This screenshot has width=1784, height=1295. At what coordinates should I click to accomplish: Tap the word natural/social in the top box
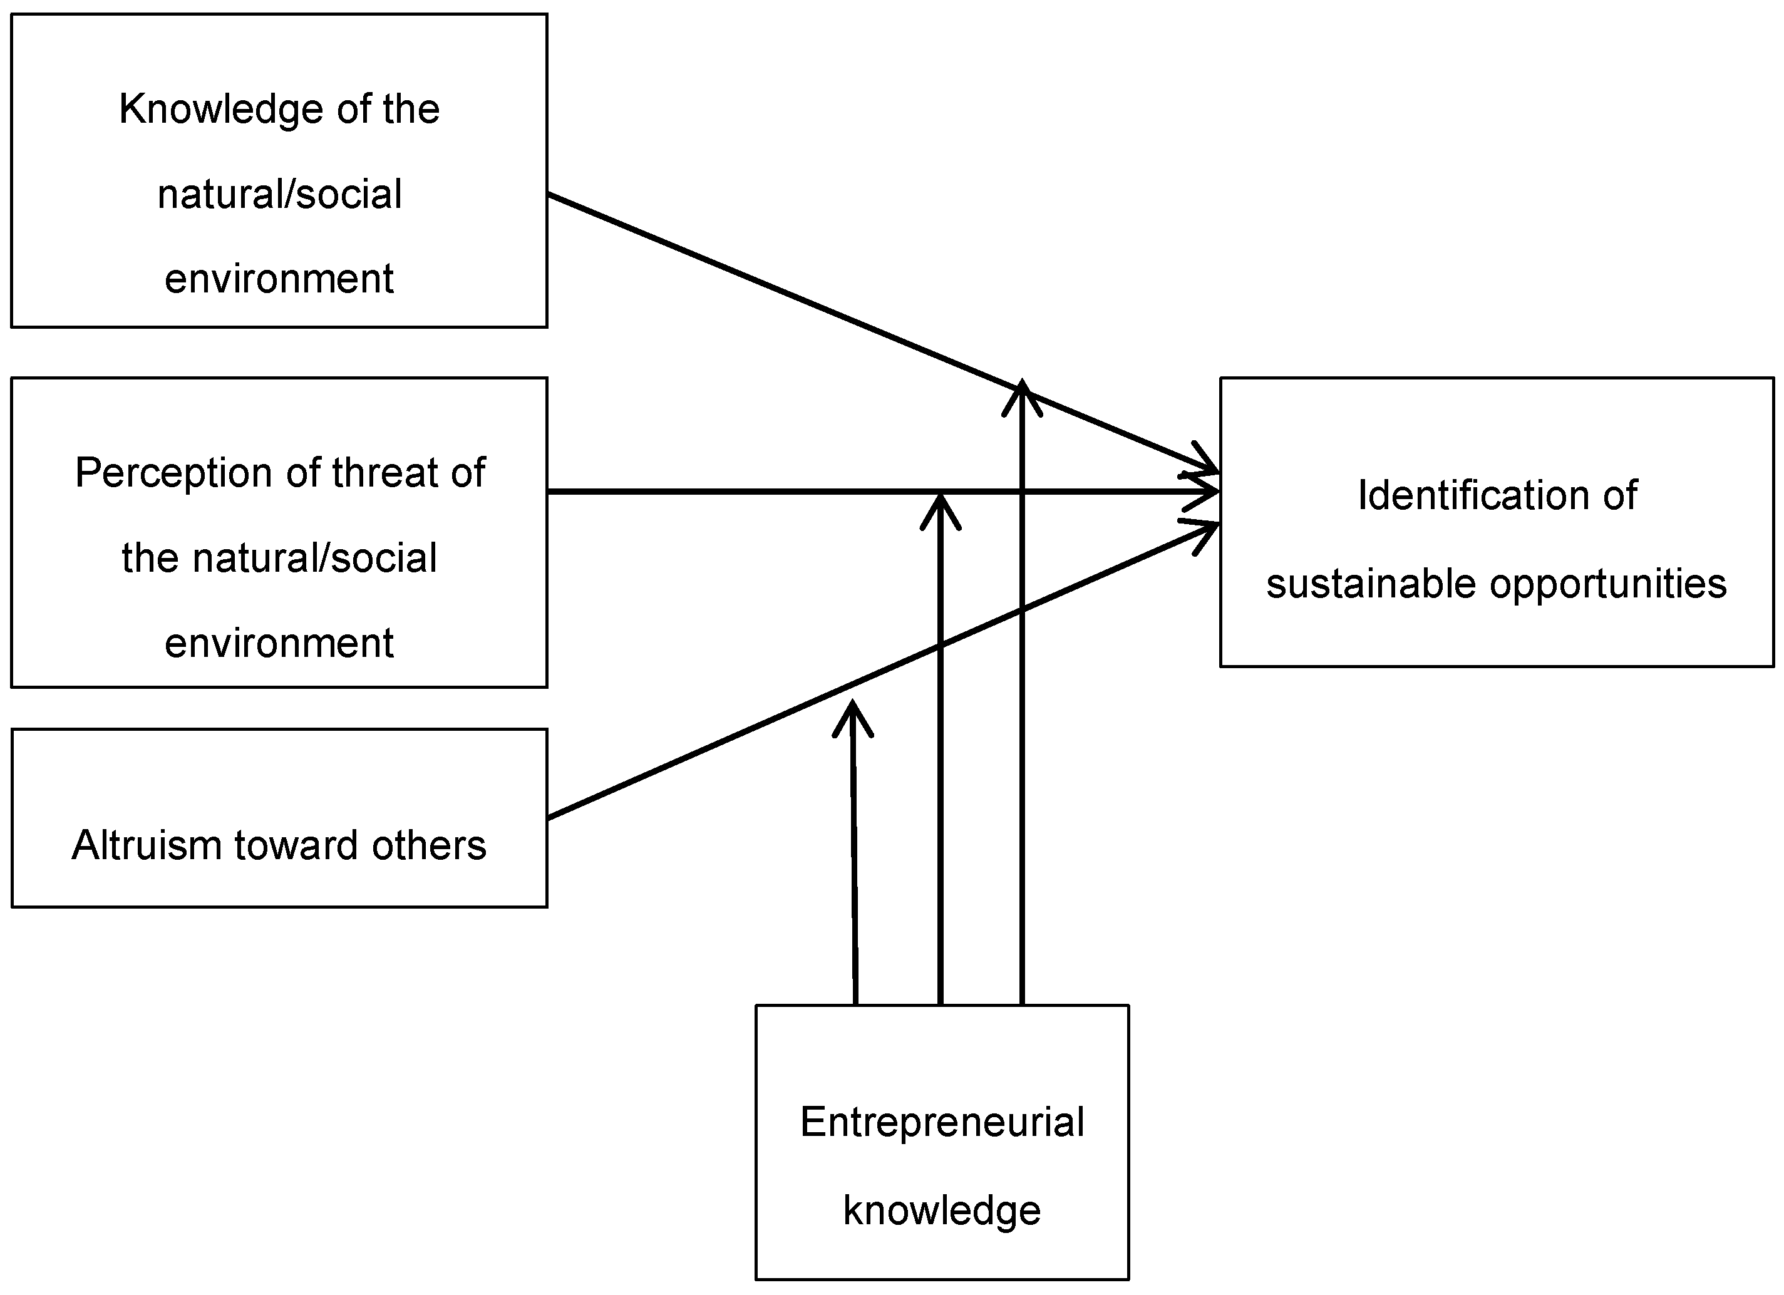tap(279, 194)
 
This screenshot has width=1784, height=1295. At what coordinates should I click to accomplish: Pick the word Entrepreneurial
tap(942, 1122)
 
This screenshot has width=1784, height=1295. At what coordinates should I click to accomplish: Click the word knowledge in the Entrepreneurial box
tap(942, 1210)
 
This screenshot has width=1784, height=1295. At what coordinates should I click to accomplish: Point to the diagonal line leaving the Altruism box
tap(708, 748)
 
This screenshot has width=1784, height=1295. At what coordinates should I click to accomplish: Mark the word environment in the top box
tap(279, 279)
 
